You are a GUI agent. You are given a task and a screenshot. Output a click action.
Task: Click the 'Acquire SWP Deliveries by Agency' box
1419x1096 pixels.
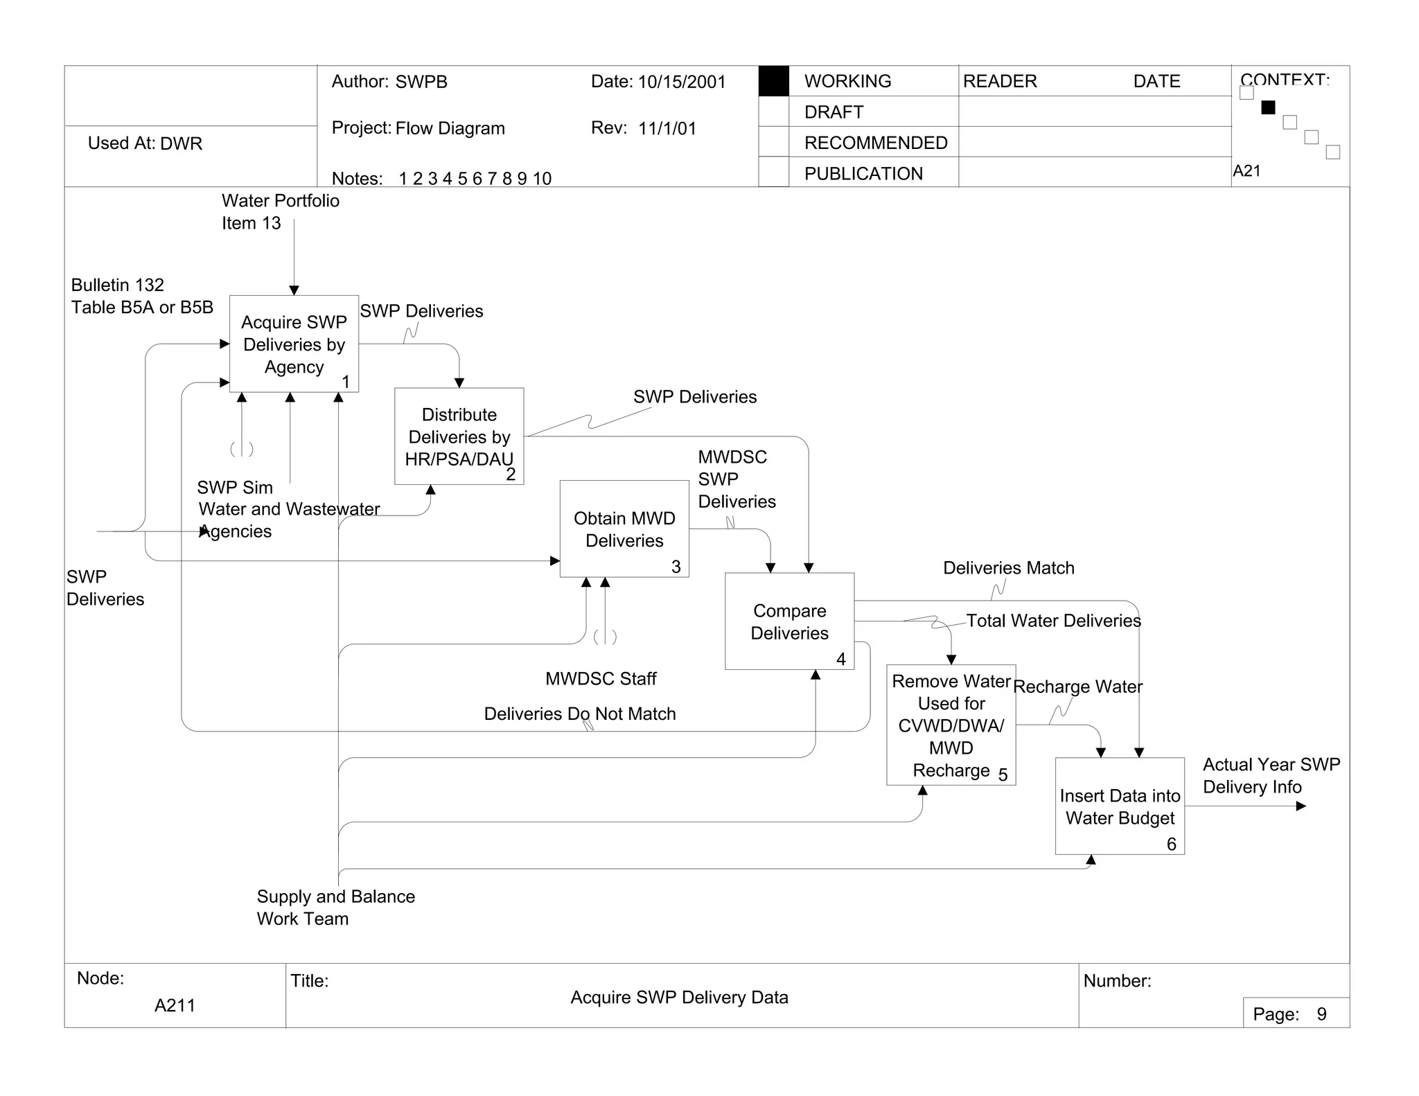pos(294,344)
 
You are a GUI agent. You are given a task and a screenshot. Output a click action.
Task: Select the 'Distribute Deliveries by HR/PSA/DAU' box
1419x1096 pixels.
pos(459,436)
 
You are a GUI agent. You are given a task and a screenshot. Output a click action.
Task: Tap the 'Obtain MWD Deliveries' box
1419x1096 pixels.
pos(624,529)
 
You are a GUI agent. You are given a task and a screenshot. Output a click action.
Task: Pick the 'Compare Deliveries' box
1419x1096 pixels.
pos(789,621)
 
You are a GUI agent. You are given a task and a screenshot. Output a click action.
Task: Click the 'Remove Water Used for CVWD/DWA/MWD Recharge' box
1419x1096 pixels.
pos(951,725)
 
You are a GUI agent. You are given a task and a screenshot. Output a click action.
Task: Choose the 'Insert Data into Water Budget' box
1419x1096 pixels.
pos(1120,806)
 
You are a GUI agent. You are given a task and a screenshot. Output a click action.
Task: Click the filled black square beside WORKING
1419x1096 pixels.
pos(773,81)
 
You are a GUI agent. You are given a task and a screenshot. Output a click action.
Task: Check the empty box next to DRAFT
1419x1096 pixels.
pos(773,112)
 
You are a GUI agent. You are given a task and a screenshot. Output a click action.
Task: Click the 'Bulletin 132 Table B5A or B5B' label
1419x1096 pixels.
pos(142,296)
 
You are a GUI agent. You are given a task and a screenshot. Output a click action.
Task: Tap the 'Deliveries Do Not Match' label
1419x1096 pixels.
pos(579,714)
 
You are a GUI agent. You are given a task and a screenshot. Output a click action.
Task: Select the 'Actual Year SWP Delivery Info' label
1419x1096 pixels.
pos(1271,775)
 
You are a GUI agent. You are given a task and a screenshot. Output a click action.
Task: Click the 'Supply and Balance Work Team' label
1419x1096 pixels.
pos(335,907)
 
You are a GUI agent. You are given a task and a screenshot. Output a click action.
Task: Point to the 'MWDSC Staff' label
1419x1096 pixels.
pos(601,678)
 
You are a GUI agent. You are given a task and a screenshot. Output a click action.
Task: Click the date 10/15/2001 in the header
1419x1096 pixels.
pos(681,82)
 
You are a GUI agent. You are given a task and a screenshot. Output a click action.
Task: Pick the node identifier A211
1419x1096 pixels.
pos(175,1005)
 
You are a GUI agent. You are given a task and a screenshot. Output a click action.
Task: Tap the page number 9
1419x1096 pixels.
pos(1321,1014)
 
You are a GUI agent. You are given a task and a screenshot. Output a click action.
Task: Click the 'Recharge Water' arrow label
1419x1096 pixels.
pos(1077,687)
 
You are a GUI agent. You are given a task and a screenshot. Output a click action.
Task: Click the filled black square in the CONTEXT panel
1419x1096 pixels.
pos(1268,107)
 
